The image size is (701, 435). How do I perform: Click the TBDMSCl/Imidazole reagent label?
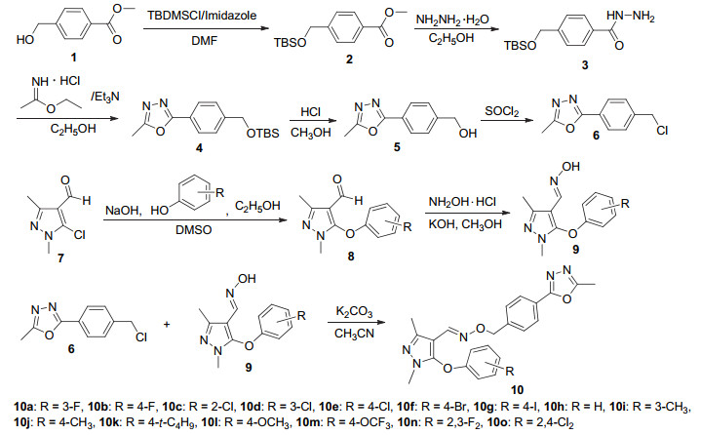pos(202,16)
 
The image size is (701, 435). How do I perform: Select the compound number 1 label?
pos(73,57)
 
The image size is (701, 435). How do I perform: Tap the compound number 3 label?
pos(585,65)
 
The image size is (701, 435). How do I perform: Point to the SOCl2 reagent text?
pos(502,111)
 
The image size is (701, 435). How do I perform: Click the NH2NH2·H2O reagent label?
pos(452,20)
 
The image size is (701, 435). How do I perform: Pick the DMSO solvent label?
pos(194,230)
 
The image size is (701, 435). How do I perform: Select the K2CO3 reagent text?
pos(354,311)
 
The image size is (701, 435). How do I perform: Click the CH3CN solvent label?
pos(354,334)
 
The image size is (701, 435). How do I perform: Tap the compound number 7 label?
pos(60,257)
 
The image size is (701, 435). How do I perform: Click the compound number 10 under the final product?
pos(517,390)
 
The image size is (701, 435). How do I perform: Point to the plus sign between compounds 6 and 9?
pos(167,324)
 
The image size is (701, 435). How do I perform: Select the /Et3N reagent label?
pos(105,97)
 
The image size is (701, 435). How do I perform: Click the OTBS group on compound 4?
pos(263,134)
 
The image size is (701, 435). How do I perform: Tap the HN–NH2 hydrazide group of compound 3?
pos(631,17)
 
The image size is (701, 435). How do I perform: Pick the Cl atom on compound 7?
pos(79,235)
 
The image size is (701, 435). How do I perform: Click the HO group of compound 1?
pos(25,40)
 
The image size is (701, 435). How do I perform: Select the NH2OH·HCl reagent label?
pos(462,202)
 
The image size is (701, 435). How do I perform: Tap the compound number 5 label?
pos(397,147)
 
